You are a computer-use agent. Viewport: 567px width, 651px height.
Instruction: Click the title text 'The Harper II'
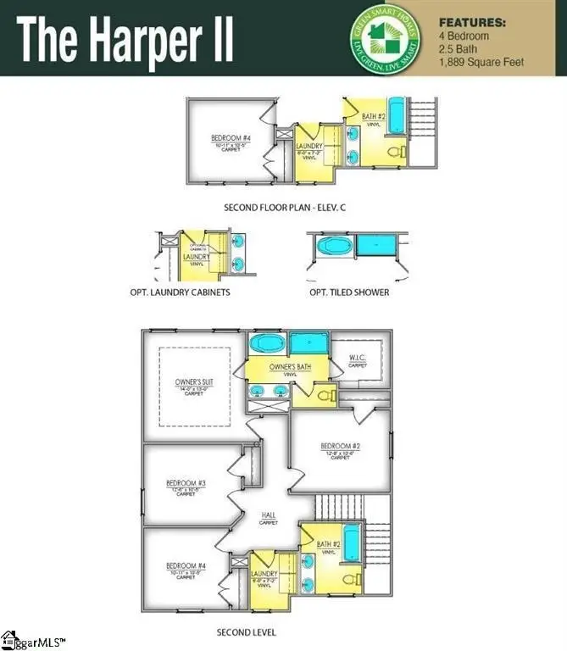tap(125, 39)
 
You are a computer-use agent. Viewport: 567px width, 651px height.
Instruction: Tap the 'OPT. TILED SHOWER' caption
tap(349, 292)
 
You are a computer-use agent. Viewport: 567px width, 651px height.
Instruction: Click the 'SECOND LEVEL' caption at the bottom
tap(247, 632)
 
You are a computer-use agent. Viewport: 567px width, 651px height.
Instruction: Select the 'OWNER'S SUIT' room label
tap(195, 382)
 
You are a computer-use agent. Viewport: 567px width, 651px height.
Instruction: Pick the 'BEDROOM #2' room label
tap(341, 446)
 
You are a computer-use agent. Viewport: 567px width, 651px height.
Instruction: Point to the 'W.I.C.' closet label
tap(358, 358)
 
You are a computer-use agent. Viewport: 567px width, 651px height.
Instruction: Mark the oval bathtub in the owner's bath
tap(268, 343)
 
